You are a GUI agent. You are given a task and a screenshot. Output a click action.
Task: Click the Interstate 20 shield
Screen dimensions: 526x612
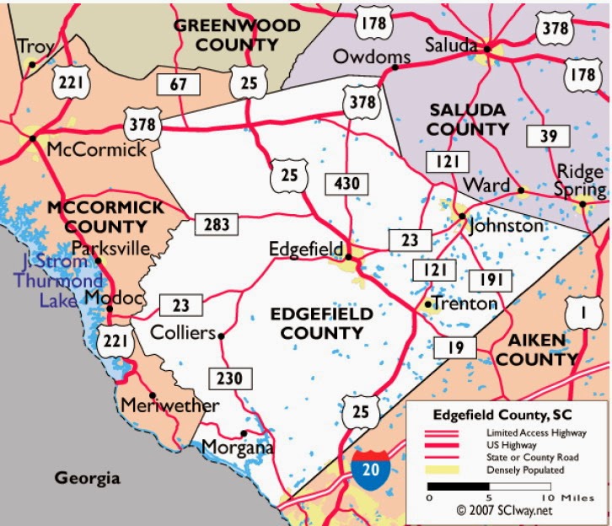point(372,466)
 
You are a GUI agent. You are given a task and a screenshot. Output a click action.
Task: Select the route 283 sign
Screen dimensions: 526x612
point(217,224)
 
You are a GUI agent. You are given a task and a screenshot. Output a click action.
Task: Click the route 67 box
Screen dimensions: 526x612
point(178,83)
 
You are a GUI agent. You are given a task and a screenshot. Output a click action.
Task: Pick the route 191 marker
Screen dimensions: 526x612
point(486,281)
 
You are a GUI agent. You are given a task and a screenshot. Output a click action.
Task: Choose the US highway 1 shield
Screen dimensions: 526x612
point(579,315)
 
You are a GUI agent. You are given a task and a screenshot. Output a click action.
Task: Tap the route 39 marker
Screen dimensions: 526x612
point(541,137)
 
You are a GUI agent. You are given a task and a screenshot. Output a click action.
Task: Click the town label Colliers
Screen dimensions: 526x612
point(183,333)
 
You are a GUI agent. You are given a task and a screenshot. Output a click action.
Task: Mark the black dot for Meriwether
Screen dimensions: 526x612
point(152,395)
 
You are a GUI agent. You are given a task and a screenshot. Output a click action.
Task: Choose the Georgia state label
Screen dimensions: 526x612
point(88,478)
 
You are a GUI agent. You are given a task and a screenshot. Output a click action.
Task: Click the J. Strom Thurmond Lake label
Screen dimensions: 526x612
point(56,281)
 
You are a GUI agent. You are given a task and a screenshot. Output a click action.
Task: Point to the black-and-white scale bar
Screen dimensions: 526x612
point(489,486)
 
